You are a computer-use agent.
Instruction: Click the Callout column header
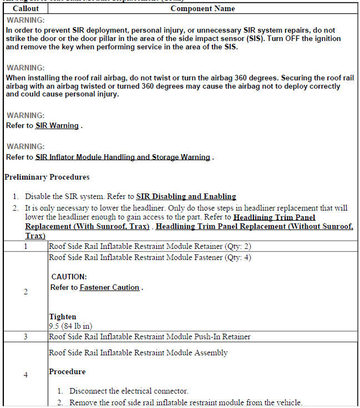26,8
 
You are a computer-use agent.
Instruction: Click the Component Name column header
202,8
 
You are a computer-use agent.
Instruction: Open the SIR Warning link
57,126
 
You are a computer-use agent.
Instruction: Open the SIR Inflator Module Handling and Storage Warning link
123,157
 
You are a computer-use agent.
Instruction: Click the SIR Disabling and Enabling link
186,196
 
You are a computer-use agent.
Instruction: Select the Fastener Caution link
109,287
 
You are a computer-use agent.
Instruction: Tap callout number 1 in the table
26,246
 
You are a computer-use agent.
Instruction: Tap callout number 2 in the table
26,292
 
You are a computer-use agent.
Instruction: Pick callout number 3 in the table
26,336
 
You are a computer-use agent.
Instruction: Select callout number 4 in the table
26,375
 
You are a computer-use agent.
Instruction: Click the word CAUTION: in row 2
69,276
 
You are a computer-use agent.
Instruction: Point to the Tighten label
62,317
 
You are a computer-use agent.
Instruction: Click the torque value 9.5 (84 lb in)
70,326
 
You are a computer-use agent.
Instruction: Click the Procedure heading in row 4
67,371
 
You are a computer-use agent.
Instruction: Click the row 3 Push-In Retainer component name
149,336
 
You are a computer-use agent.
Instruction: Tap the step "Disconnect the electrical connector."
129,391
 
